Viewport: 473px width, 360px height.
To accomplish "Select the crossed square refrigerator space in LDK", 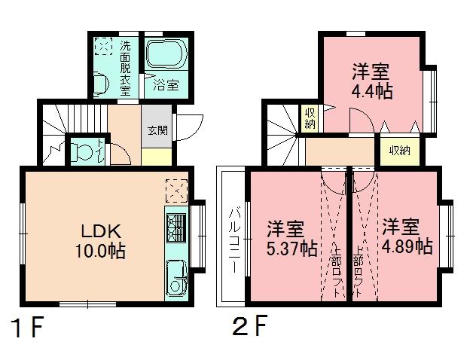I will pyautogui.click(x=175, y=190).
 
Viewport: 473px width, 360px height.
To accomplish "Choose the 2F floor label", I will pyautogui.click(x=249, y=329).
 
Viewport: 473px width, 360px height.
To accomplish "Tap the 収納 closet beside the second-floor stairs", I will pyautogui.click(x=310, y=118).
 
